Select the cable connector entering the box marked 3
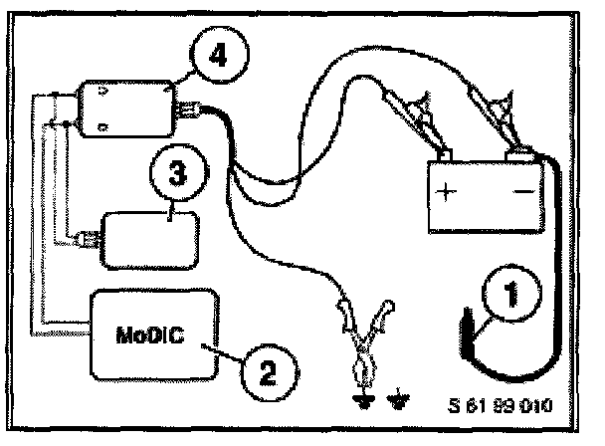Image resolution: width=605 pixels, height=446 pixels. tap(86, 239)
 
